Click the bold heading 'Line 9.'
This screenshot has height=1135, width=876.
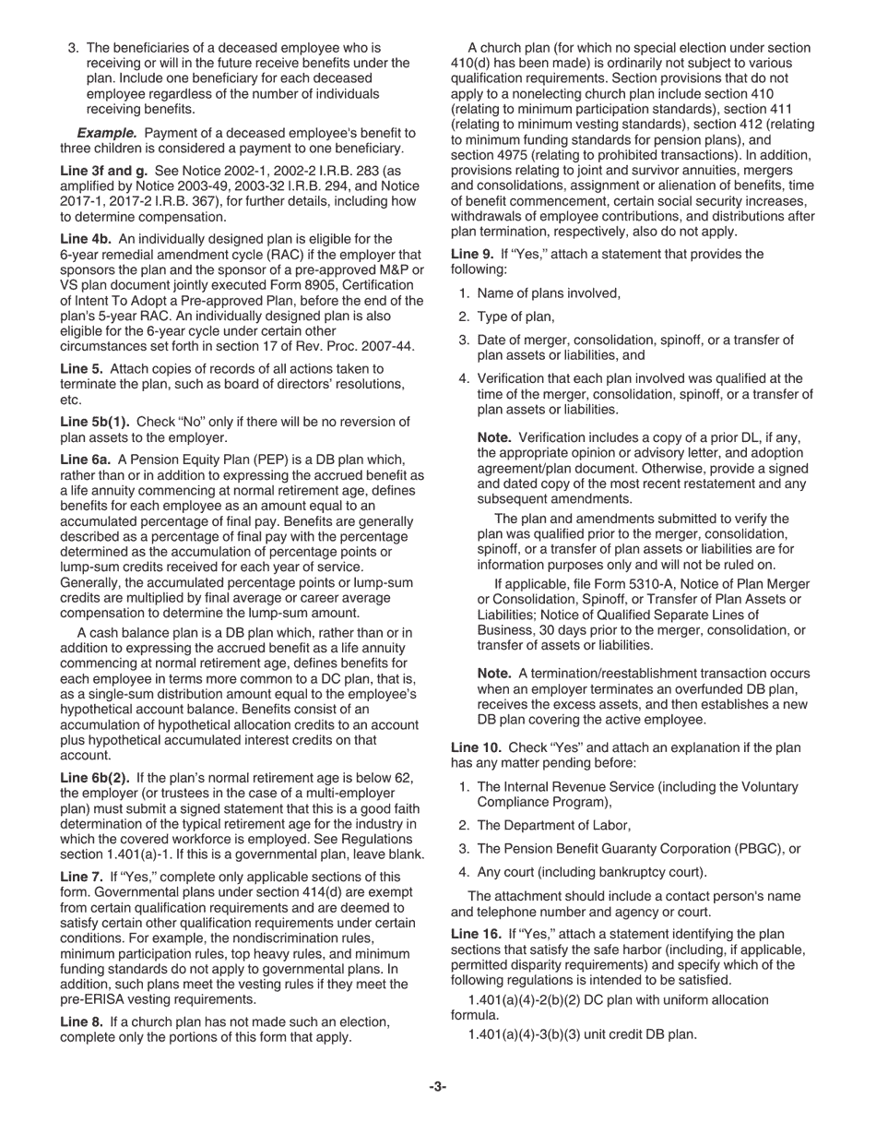click(x=475, y=254)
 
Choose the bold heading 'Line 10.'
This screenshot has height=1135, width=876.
click(x=478, y=747)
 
